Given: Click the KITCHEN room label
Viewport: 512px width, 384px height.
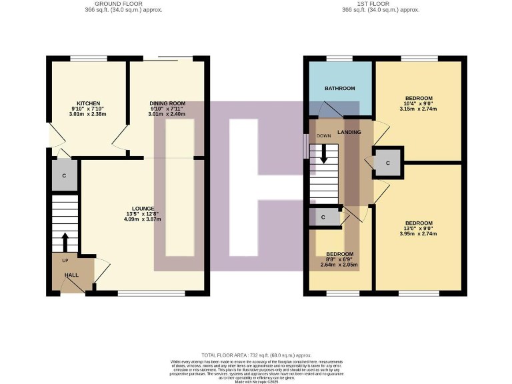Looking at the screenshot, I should (89, 103).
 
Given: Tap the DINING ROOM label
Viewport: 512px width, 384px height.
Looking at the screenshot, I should (167, 103).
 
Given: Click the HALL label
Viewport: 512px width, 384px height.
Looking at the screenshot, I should (71, 275).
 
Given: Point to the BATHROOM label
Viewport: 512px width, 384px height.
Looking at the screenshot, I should (339, 88).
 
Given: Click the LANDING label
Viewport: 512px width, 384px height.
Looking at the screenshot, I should (349, 132).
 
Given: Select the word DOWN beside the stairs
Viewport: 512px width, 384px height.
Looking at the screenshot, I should (324, 135).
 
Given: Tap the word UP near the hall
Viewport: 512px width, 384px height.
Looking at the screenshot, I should (65, 260).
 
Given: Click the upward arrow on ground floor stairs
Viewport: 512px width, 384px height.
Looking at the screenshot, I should (65, 241).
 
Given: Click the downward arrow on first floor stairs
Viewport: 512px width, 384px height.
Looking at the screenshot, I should (324, 154).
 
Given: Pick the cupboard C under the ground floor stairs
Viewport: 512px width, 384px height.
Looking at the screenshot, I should (64, 176).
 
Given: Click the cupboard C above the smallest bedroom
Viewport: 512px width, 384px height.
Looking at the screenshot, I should (323, 217).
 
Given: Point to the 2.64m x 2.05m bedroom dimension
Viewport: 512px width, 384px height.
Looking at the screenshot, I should (339, 265).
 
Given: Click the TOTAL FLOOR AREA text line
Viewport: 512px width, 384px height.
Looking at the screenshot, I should (256, 355).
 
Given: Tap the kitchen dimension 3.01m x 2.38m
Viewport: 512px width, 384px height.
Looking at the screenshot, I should (89, 114).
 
